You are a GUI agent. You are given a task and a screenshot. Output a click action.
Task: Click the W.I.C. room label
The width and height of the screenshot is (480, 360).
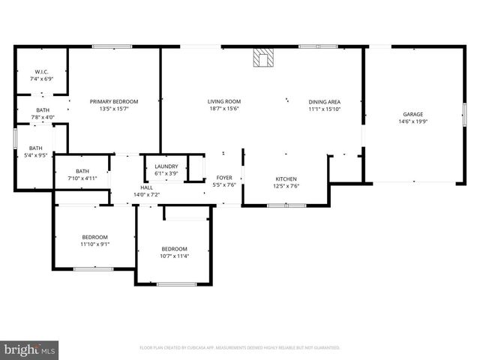pos(41,72)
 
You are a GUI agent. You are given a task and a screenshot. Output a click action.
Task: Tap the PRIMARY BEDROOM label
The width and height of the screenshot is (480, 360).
pos(114,101)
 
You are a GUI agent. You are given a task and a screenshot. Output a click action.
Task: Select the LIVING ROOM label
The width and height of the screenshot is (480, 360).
pos(223,101)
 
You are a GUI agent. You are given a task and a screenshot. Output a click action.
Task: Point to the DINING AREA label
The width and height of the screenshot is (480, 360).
pos(324,101)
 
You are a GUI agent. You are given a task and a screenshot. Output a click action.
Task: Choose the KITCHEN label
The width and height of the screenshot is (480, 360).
pos(286,178)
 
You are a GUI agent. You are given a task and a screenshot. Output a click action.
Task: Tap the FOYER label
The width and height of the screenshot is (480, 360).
pos(224,178)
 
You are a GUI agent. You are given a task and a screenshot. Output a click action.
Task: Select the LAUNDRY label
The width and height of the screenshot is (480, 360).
pos(166,166)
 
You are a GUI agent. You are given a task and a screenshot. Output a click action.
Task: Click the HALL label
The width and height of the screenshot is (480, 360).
pos(146,188)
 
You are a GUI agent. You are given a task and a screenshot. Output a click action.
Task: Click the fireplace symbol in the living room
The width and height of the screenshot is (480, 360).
pos(263,58)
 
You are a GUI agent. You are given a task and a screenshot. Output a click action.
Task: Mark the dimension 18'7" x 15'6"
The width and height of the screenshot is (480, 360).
pos(223,109)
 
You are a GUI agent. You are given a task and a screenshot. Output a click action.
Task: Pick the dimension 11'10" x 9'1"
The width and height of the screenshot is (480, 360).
pos(94,244)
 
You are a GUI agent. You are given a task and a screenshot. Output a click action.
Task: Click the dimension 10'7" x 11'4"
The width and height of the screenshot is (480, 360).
pos(174,256)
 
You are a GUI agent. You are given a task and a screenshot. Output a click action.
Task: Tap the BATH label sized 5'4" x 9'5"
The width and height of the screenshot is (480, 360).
pos(36,148)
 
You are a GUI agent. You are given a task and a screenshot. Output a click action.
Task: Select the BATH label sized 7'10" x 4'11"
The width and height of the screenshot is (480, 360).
pos(82,171)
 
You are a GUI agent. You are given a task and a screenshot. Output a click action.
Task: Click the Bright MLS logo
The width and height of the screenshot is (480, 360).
pos(30,349)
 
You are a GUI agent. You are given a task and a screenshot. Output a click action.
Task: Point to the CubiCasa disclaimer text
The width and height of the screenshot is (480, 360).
pos(240,348)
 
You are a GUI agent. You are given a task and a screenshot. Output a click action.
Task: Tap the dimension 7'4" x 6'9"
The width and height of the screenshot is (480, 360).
pos(41,79)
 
